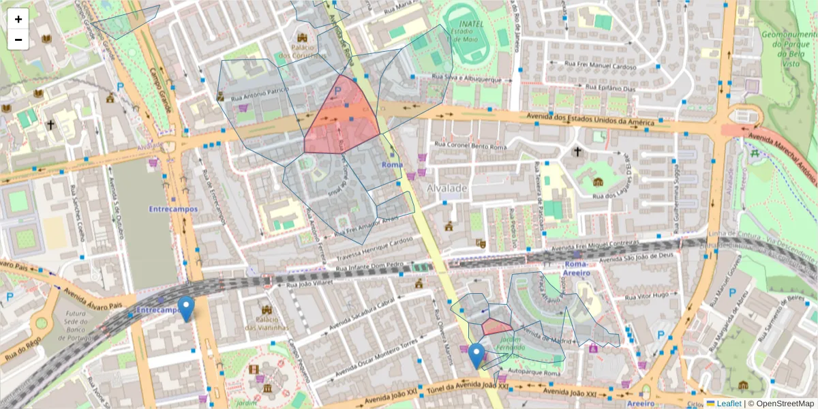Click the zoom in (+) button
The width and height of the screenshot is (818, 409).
(18, 19)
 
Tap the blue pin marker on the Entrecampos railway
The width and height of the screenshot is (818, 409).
(185, 308)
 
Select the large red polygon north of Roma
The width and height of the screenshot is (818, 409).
(341, 119)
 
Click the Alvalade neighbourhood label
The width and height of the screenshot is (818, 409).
(447, 187)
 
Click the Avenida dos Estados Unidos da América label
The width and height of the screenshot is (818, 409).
(591, 121)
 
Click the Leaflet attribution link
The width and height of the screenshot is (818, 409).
(728, 404)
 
